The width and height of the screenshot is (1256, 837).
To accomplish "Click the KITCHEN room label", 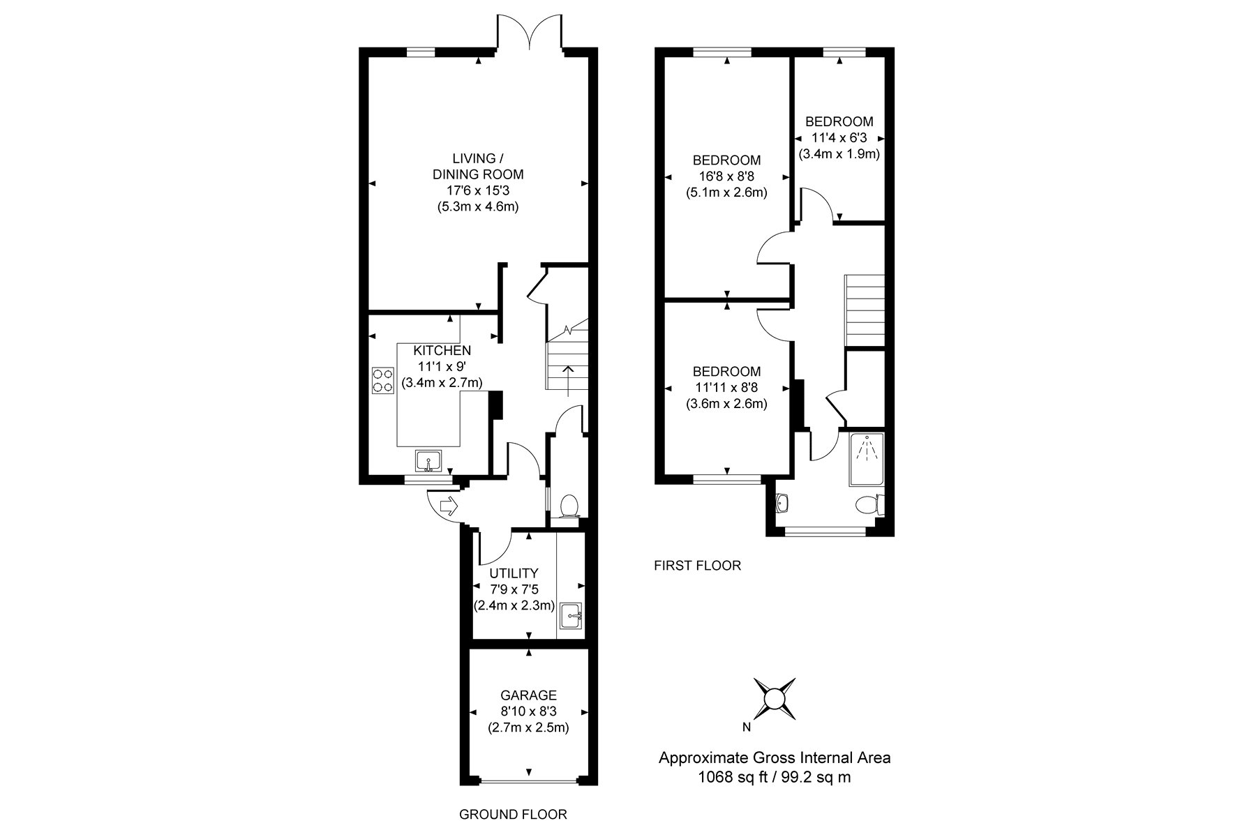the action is (442, 350).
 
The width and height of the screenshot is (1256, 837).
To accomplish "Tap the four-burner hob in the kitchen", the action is (383, 380).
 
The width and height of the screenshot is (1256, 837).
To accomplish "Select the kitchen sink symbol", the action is (428, 461).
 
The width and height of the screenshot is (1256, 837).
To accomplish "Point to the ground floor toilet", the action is (569, 505).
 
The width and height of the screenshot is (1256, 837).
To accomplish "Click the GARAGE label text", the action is (529, 695).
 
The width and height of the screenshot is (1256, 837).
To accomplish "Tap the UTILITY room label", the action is (514, 574).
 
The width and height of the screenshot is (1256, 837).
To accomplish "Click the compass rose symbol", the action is (775, 698).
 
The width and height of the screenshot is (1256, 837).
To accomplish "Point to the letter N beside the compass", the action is (747, 727).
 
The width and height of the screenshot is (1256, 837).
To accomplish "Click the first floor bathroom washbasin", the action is (782, 503).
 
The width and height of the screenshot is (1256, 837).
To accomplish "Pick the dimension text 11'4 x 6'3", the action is (838, 137).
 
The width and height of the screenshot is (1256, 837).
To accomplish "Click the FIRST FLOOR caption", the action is (697, 566).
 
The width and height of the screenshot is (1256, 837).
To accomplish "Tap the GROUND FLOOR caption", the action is (513, 814).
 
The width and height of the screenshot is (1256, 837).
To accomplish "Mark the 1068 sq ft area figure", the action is (730, 777).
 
